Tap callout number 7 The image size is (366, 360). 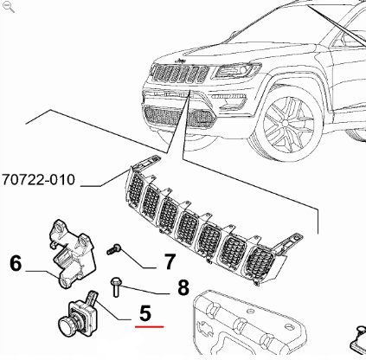click(170, 260)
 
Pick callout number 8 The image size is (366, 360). click(183, 287)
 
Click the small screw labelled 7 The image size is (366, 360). click(113, 250)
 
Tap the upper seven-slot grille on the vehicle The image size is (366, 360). click(177, 80)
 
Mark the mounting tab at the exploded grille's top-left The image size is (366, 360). click(149, 164)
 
